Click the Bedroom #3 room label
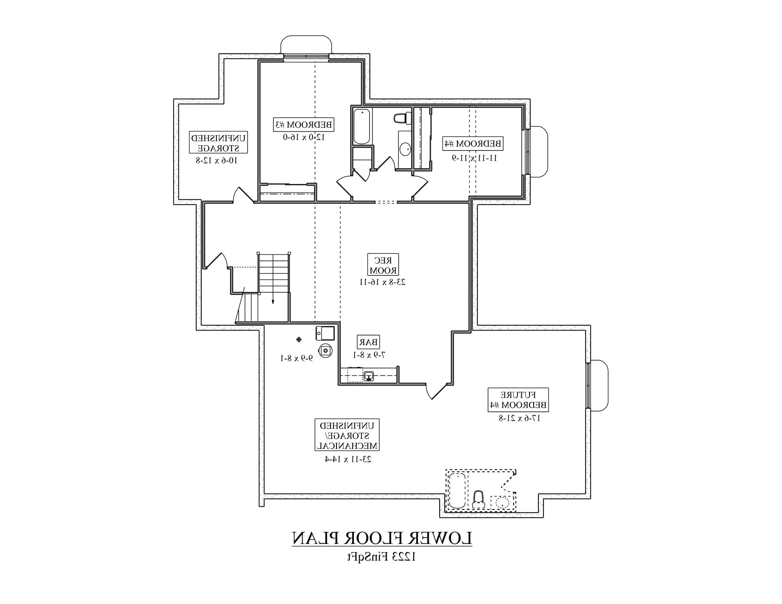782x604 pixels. tap(304, 125)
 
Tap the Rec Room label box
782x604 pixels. tap(383, 265)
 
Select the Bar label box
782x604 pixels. tap(368, 342)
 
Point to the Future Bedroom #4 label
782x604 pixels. tap(518, 400)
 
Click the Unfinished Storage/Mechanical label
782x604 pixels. tap(347, 435)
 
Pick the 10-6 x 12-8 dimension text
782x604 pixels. tap(217, 160)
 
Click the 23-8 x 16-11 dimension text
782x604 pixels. tap(383, 282)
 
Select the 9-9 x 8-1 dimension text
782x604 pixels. tap(296, 358)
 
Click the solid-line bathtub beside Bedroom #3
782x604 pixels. tap(362, 126)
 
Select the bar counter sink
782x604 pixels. tap(369, 376)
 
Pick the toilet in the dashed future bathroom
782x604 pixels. tap(478, 500)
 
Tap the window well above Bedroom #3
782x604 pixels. tap(306, 45)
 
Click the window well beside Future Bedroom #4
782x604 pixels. tap(599, 385)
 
